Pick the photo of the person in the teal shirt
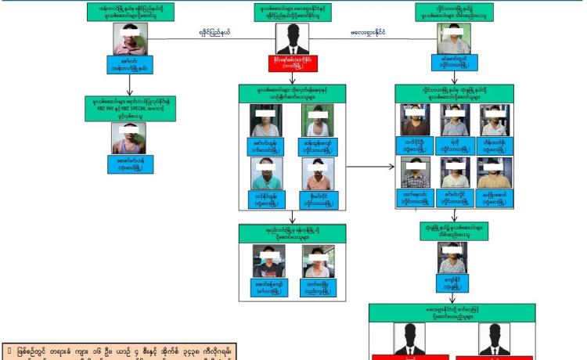click(265, 173)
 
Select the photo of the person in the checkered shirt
click(415, 171)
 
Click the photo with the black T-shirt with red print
click(268, 261)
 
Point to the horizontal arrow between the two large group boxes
click(369, 167)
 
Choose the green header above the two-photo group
click(292, 233)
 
